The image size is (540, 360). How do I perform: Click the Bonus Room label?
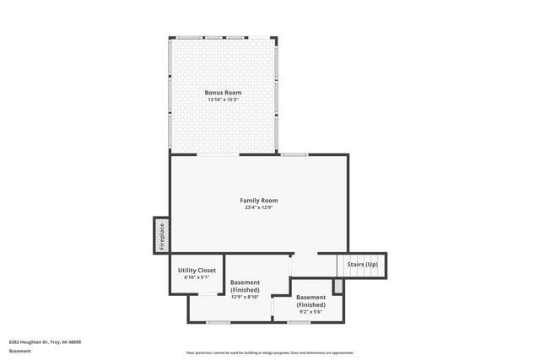[x=224, y=92]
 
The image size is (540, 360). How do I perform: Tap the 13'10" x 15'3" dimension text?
[x=224, y=99]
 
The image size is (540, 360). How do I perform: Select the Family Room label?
[x=259, y=200]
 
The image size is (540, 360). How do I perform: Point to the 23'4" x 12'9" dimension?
[x=259, y=207]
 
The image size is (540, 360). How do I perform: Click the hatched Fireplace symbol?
[x=161, y=235]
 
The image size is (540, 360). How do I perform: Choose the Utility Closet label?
[x=197, y=270]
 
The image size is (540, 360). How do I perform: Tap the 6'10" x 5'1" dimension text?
[x=197, y=277]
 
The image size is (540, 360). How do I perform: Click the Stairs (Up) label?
[x=361, y=265]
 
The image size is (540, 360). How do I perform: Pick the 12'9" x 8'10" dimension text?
[x=245, y=297]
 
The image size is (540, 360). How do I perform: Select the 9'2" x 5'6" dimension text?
[x=310, y=311]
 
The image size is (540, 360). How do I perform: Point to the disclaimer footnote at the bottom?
[x=270, y=352]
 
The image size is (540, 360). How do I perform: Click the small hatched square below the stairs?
[x=337, y=287]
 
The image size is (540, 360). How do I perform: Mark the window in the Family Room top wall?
[x=294, y=154]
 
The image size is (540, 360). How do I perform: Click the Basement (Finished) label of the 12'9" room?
[x=245, y=286]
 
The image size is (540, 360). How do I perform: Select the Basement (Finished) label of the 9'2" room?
[x=310, y=301]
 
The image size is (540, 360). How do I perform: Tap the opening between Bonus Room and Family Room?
[x=218, y=154]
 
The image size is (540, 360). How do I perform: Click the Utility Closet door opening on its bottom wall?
[x=206, y=293]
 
